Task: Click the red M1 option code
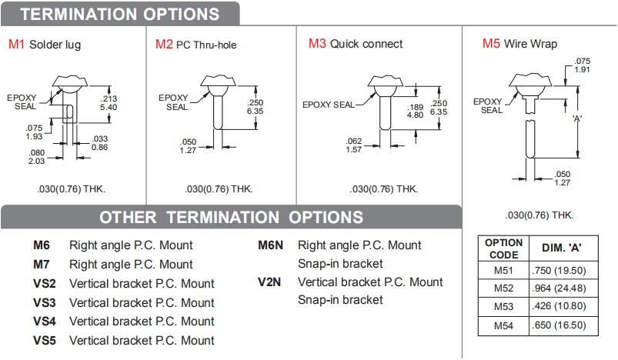coord(17,44)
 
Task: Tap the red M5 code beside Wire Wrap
coord(491,43)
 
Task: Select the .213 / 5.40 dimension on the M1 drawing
coord(109,103)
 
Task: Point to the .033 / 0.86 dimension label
coord(100,143)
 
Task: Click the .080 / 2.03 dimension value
coord(37,157)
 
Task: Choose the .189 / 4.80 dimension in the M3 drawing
coord(415,111)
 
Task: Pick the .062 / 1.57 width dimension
coord(353,145)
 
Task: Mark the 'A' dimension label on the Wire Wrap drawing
coord(576,118)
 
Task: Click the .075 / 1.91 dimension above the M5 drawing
coord(582,65)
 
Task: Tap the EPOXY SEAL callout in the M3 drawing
coord(329,105)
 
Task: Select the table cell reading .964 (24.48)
coord(559,288)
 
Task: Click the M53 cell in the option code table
coord(503,306)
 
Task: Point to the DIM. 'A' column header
coord(562,248)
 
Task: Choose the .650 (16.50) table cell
coord(559,325)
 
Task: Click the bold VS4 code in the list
coord(44,322)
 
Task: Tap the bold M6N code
coord(270,245)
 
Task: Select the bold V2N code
coord(269,282)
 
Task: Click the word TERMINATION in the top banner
coord(79,14)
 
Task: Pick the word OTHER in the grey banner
coord(128,218)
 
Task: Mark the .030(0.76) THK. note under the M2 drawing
coord(219,189)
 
